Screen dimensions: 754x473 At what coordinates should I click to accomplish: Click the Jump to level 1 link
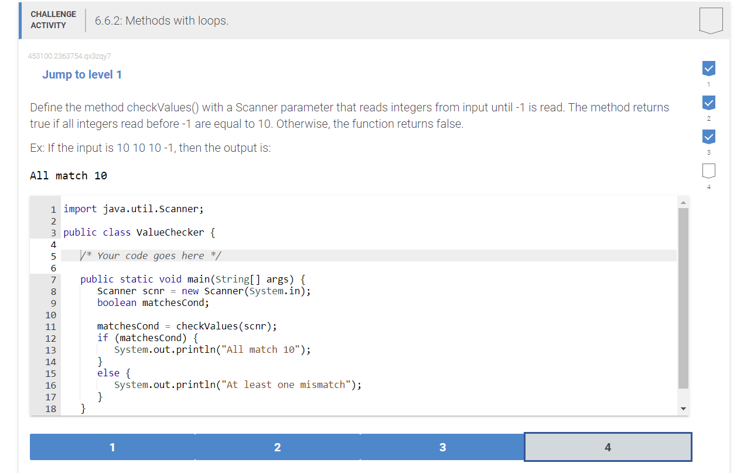[x=82, y=74]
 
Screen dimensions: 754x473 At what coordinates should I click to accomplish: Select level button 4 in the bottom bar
[x=608, y=447]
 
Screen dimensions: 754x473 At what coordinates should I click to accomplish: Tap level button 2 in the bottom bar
[x=277, y=447]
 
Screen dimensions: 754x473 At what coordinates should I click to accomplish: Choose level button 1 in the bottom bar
[x=112, y=447]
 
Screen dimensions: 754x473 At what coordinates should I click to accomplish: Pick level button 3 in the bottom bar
[x=442, y=447]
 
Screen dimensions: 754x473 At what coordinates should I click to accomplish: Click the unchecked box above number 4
[x=708, y=171]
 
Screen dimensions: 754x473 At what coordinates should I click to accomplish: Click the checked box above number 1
[x=708, y=68]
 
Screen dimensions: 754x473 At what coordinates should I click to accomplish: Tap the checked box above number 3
[x=708, y=136]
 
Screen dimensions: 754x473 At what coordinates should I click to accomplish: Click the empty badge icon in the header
[x=711, y=21]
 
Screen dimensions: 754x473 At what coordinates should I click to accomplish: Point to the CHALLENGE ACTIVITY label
[x=53, y=20]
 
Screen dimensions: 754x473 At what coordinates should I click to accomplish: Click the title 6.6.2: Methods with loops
[x=162, y=21]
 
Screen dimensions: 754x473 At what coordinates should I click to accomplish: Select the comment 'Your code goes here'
[x=151, y=256]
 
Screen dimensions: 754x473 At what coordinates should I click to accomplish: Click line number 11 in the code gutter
[x=50, y=326]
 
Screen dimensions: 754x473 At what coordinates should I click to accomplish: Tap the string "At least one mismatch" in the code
[x=291, y=384]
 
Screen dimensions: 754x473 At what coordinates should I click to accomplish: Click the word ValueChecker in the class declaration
[x=170, y=232]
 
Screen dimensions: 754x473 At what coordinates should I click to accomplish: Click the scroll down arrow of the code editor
[x=683, y=409]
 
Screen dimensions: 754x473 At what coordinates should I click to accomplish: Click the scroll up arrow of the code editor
[x=683, y=202]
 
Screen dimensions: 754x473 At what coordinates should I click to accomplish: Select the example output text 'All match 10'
[x=69, y=175]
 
